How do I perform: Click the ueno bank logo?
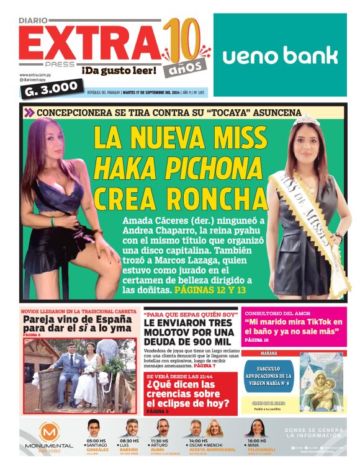pos(280,55)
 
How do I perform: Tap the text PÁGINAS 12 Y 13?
pos(210,290)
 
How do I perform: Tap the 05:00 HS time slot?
pos(96,440)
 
